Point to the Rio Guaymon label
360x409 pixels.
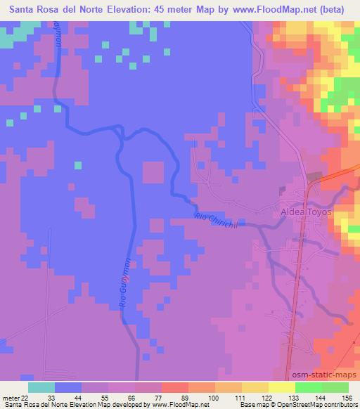[x=127, y=280]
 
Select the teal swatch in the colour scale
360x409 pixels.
[x=41, y=387]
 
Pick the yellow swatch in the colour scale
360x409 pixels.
[x=281, y=387]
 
